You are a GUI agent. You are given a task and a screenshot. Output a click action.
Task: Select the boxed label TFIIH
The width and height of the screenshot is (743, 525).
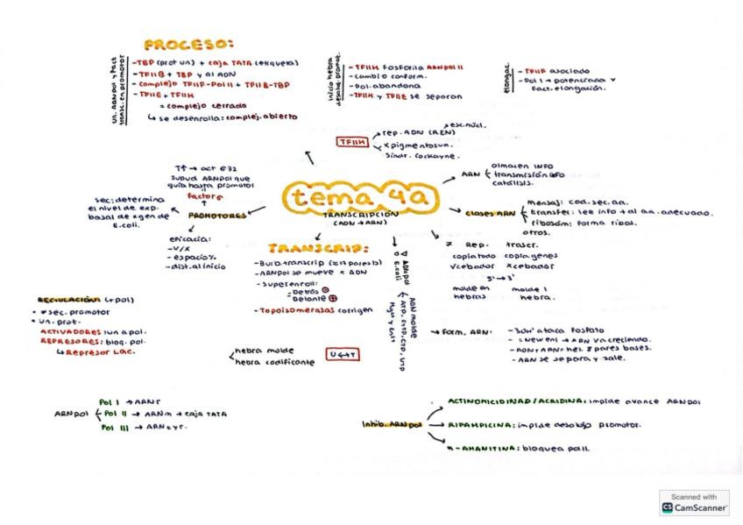click(351, 142)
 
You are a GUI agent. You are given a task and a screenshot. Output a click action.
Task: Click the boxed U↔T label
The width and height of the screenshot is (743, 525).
click(338, 355)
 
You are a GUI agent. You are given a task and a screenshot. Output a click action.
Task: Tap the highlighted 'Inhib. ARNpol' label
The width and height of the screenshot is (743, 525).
click(392, 424)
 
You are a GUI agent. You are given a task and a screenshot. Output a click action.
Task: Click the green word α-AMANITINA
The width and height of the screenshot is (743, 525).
click(478, 448)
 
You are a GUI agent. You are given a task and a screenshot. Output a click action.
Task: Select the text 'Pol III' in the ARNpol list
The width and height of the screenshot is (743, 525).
click(111, 428)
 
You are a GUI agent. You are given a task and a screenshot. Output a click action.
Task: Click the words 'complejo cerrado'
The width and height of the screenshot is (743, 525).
click(209, 104)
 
